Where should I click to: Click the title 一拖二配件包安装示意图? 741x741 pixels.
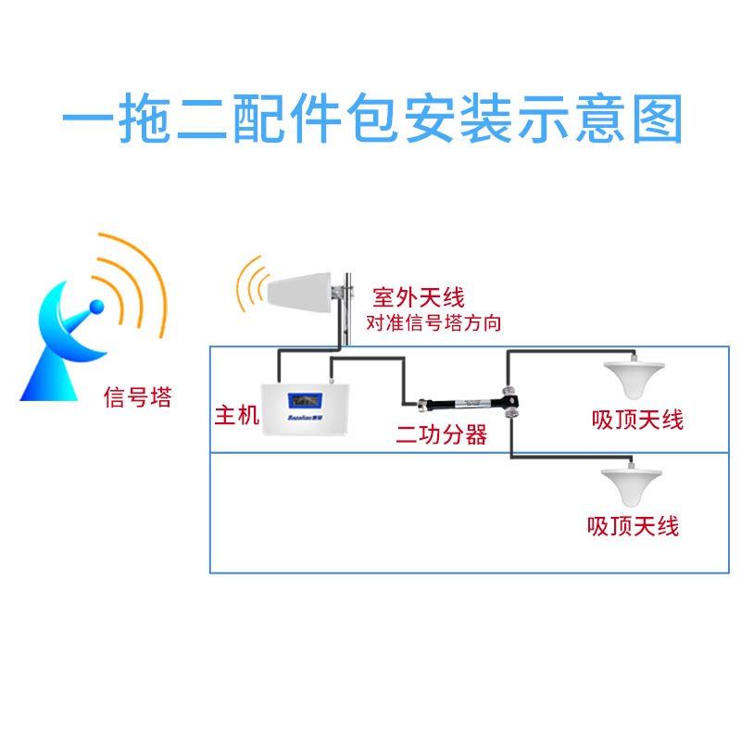(x=370, y=120)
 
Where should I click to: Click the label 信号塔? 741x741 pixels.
(x=136, y=398)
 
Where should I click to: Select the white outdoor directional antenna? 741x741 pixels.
(x=301, y=291)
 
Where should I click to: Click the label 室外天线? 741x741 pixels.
(x=417, y=298)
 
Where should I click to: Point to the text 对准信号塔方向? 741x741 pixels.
(x=433, y=322)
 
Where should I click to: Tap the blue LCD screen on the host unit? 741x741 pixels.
(x=305, y=401)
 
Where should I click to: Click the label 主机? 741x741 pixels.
(x=235, y=415)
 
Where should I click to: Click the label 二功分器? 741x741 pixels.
(x=441, y=434)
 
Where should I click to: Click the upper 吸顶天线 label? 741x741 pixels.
(x=637, y=420)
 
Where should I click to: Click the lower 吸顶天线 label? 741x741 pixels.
(x=633, y=526)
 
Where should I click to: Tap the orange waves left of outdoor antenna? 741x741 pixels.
(x=247, y=285)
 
